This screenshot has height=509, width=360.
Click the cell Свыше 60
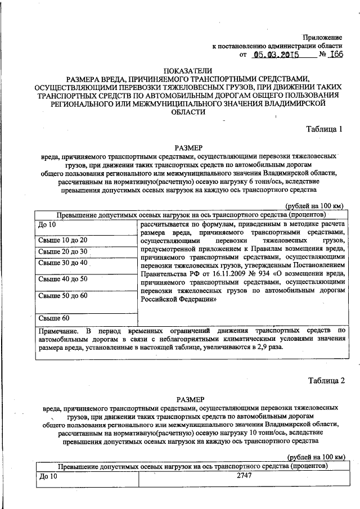pyautogui.click(x=53, y=318)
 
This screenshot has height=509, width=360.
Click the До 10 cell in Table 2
pyautogui.click(x=48, y=477)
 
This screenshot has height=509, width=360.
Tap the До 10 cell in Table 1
pyautogui.click(x=47, y=225)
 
